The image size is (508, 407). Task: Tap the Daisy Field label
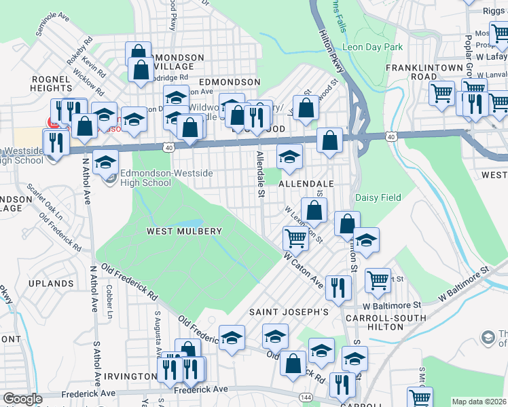[377, 197]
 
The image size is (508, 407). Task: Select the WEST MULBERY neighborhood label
[184, 231]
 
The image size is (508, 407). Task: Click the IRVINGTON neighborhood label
[131, 376]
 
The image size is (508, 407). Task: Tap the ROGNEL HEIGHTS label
[52, 83]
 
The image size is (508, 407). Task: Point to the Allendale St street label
[259, 175]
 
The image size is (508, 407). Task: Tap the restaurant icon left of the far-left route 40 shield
[54, 142]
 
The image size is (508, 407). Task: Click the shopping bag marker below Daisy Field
[347, 223]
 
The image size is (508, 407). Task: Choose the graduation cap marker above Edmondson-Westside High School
[105, 162]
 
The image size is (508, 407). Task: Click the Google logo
[22, 400]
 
